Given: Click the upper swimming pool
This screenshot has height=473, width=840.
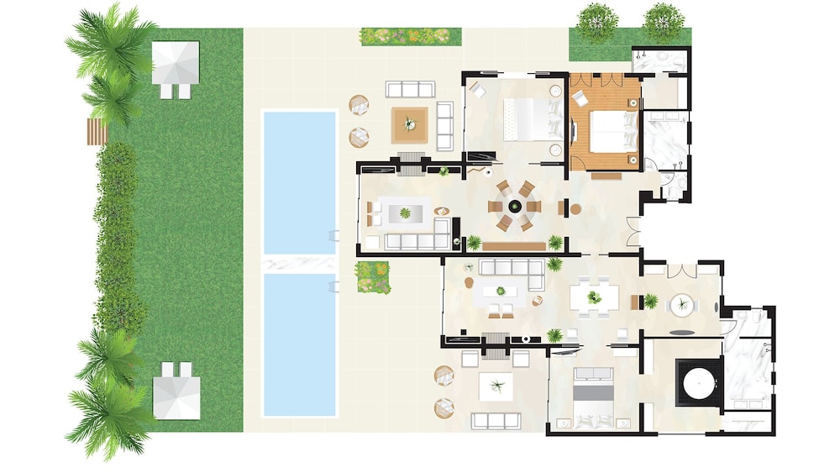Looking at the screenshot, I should tap(299, 181).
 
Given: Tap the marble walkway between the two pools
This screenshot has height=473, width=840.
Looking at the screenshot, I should tap(299, 264).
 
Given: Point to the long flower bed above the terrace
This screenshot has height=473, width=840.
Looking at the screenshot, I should tap(411, 36).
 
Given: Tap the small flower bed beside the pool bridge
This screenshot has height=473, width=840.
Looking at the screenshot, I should tap(372, 276).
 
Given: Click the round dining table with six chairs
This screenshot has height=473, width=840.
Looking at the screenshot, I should tap(514, 206).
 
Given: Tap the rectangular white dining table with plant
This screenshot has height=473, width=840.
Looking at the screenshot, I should tap(594, 297).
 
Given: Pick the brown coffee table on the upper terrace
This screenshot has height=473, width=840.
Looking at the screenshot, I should tap(410, 124).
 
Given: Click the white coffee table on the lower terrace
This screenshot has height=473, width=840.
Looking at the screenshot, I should tap(496, 386).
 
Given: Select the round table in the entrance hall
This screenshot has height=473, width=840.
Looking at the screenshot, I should tap(681, 305).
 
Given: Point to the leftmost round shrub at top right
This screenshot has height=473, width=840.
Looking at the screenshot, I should tap(597, 20).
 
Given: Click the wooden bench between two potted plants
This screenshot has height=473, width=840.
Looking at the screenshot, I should tap(513, 245).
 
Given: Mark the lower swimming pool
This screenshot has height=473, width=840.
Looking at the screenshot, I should tap(299, 344).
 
